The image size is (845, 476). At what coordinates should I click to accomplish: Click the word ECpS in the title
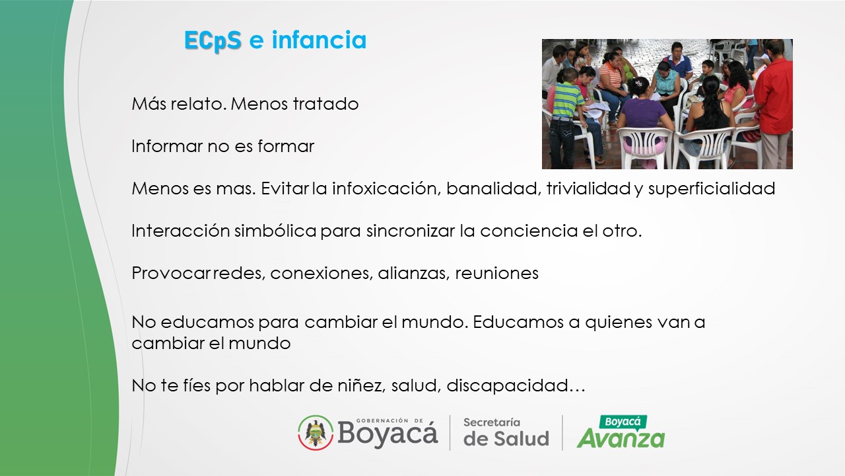(x=213, y=41)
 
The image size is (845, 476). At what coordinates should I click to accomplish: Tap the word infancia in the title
(x=319, y=40)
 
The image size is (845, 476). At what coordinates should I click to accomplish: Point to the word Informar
(x=167, y=146)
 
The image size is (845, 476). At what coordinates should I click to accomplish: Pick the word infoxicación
(x=387, y=188)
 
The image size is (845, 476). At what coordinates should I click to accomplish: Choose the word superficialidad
(x=712, y=189)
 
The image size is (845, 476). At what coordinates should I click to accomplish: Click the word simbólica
(x=275, y=231)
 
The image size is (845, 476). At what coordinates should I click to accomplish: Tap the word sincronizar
(x=411, y=231)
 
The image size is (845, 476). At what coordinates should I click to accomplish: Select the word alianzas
(x=413, y=273)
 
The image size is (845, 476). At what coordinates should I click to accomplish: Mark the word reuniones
(x=497, y=273)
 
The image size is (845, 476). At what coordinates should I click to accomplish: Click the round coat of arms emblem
(x=316, y=432)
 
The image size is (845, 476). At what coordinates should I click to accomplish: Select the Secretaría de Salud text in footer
(x=506, y=432)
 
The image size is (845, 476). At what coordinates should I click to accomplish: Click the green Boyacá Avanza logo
(x=621, y=432)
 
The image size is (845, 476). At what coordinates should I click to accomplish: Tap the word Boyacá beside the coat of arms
(x=388, y=434)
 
